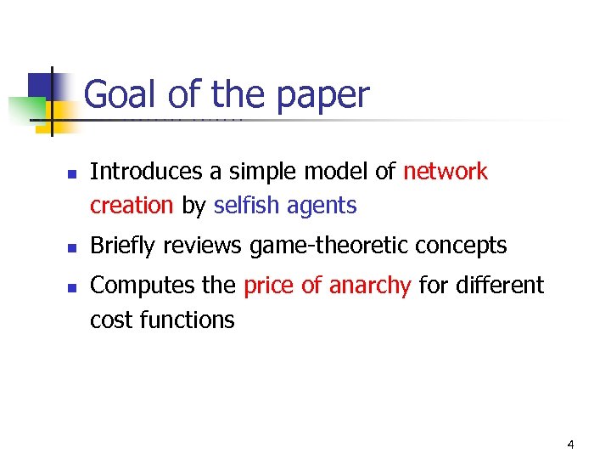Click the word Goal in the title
(x=120, y=94)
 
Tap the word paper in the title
(x=328, y=96)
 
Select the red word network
(x=446, y=172)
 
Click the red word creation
(x=132, y=206)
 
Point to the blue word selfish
(x=247, y=206)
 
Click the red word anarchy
(x=369, y=286)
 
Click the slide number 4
(x=570, y=445)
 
